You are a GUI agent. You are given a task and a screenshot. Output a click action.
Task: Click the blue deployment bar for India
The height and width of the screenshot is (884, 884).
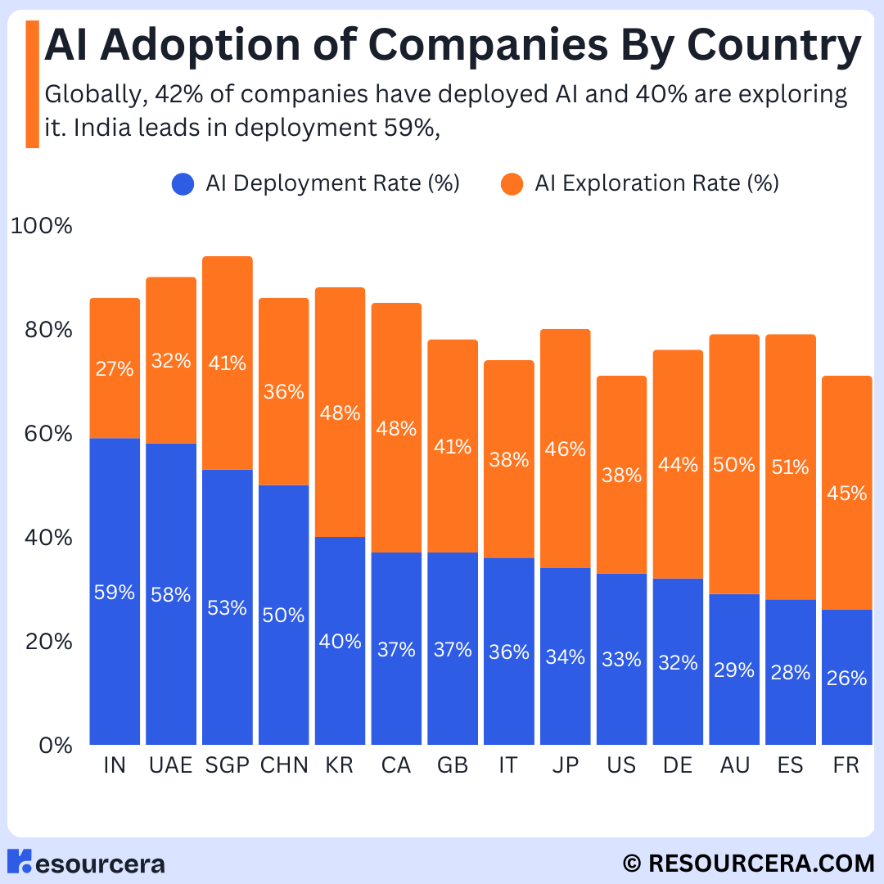click(115, 592)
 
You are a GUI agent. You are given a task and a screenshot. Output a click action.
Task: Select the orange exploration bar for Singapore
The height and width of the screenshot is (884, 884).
click(228, 363)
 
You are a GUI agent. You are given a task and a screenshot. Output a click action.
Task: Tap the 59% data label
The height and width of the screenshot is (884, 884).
click(115, 592)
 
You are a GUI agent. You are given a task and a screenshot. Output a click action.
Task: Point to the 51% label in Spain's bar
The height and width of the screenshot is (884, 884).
click(790, 467)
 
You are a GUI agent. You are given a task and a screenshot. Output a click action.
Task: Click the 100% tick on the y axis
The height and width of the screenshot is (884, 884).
click(42, 226)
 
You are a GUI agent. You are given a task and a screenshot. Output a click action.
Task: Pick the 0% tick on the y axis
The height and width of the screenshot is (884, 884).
click(56, 746)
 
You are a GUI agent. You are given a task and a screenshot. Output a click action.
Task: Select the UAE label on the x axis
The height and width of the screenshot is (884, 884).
click(171, 765)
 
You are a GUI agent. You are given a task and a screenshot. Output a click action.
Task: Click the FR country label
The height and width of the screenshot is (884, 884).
click(846, 765)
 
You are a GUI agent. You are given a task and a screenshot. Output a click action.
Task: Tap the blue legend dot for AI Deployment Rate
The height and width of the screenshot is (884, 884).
click(183, 184)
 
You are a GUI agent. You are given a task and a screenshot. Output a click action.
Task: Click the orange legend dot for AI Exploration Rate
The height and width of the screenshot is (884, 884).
click(512, 184)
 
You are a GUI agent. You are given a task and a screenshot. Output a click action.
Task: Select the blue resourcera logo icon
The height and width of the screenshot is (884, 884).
click(19, 861)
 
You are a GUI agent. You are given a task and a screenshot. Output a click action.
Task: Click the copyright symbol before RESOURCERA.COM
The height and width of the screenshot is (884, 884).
click(632, 864)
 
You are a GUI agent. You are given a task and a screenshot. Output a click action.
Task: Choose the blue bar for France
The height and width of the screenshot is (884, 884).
click(847, 677)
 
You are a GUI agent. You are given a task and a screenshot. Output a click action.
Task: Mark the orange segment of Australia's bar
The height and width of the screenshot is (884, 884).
click(734, 464)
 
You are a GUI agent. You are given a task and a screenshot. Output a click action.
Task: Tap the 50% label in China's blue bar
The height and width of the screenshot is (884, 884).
click(283, 615)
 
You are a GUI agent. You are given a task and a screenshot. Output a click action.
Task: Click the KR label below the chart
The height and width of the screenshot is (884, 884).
click(340, 765)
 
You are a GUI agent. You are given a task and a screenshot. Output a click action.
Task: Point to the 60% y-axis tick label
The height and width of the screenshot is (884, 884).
click(48, 434)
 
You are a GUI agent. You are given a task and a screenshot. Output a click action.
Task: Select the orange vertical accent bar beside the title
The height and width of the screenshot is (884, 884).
click(32, 84)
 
